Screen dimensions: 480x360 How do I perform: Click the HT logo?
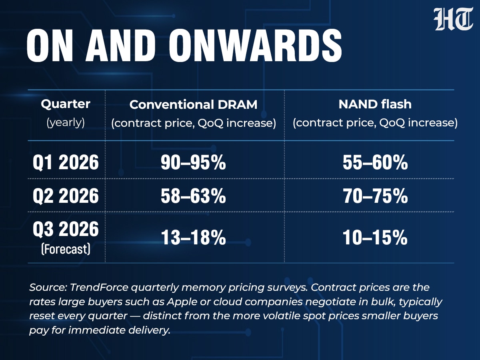453,19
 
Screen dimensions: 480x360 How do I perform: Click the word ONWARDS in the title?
256,46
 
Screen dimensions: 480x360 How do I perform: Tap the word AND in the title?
120,46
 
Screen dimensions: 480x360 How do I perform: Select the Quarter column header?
66,104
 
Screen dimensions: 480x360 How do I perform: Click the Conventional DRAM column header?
193,105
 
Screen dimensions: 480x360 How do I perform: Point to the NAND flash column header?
375,104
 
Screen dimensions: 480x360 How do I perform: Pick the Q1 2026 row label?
66,162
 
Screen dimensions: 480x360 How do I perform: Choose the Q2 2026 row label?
66,196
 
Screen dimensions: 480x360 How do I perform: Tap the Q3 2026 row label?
66,229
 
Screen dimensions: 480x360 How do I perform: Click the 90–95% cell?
193,162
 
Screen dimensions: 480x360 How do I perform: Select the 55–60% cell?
375,162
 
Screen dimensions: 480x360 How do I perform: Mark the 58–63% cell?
193,196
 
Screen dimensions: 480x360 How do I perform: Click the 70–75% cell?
375,196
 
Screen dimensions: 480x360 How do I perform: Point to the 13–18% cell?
193,237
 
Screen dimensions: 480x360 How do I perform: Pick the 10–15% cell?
375,237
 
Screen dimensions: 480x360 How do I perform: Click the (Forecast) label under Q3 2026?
66,249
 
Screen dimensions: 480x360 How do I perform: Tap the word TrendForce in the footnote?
99,287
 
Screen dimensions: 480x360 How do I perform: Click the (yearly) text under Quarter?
66,122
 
